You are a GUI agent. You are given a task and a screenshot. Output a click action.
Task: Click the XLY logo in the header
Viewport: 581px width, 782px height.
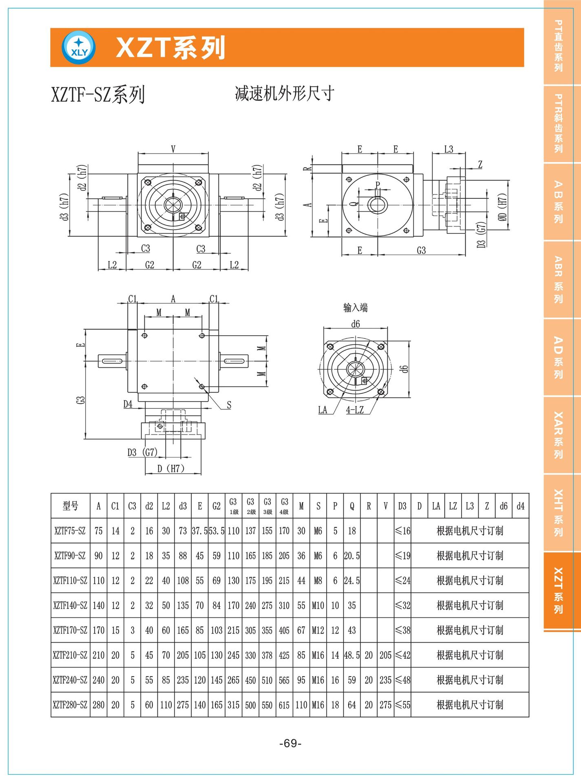[79, 48]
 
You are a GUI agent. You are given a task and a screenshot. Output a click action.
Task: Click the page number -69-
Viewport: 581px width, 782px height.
[290, 743]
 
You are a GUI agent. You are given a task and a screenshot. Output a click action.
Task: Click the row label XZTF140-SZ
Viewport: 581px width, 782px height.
[70, 606]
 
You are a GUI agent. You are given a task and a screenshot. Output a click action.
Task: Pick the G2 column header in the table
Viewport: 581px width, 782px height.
[216, 506]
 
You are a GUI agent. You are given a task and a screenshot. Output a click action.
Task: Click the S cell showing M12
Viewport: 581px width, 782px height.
[318, 630]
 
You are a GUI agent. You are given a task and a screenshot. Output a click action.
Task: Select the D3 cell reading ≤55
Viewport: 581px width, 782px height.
[402, 705]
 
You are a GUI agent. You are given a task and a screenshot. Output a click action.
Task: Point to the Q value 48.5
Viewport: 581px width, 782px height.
[352, 655]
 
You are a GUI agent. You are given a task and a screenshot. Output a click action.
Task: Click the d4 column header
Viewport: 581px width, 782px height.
[521, 506]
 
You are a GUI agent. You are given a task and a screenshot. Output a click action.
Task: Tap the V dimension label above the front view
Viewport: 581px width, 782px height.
[173, 149]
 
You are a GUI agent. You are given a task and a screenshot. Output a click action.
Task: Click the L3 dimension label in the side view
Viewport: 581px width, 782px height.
[448, 149]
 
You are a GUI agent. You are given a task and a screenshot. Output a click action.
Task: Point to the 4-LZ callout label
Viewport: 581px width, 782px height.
[355, 410]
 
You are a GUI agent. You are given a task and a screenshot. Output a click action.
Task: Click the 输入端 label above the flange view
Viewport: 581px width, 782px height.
[355, 308]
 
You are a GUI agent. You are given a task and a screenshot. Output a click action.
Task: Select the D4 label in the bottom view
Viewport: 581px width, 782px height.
[128, 404]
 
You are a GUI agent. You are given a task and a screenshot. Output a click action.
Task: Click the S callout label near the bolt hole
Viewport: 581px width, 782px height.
[229, 405]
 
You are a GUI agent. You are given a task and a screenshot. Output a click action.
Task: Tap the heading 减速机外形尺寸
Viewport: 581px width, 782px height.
[284, 94]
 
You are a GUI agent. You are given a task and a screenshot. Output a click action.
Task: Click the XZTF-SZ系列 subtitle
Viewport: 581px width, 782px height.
[98, 95]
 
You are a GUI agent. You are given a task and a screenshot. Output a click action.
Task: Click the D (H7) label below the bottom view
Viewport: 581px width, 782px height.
[171, 468]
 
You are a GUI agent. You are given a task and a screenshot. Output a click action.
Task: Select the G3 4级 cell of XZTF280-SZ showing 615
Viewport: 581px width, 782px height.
[284, 705]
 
